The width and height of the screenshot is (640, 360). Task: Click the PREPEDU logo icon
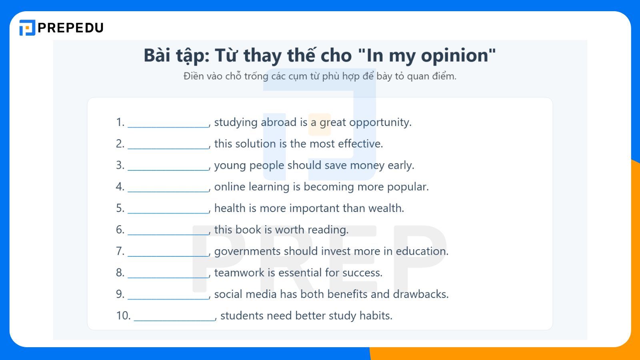coord(27,28)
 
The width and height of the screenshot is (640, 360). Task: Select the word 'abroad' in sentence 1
coord(278,122)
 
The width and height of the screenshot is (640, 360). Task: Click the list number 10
coord(123,316)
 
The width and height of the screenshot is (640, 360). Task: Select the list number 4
coord(120,187)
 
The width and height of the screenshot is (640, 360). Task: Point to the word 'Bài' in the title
coord(157,56)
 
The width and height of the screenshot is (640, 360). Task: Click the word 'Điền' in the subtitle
coord(194,76)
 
